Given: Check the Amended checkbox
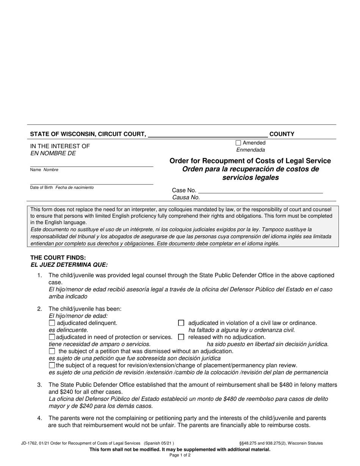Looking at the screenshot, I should point(238,143).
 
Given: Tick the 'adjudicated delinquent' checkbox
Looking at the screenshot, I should point(52,323).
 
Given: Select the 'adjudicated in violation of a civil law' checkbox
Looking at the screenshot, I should point(181,323).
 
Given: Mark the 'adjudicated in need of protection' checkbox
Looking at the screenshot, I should point(52,337).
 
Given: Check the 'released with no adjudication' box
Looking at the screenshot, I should point(181,337).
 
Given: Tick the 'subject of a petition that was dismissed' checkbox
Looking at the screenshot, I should point(52,351).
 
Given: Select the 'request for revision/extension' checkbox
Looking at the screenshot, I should point(52,366).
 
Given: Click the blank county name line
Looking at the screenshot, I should point(208,135).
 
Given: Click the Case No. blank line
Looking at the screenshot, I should point(260,191).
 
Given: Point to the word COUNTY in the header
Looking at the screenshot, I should point(282,134).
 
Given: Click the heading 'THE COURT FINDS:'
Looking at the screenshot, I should point(58,258).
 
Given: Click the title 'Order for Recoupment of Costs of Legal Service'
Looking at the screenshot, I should point(250,161).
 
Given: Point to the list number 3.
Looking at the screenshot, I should point(39,385).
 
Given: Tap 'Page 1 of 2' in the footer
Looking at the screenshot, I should point(180,455).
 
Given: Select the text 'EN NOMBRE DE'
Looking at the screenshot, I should point(53,153).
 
